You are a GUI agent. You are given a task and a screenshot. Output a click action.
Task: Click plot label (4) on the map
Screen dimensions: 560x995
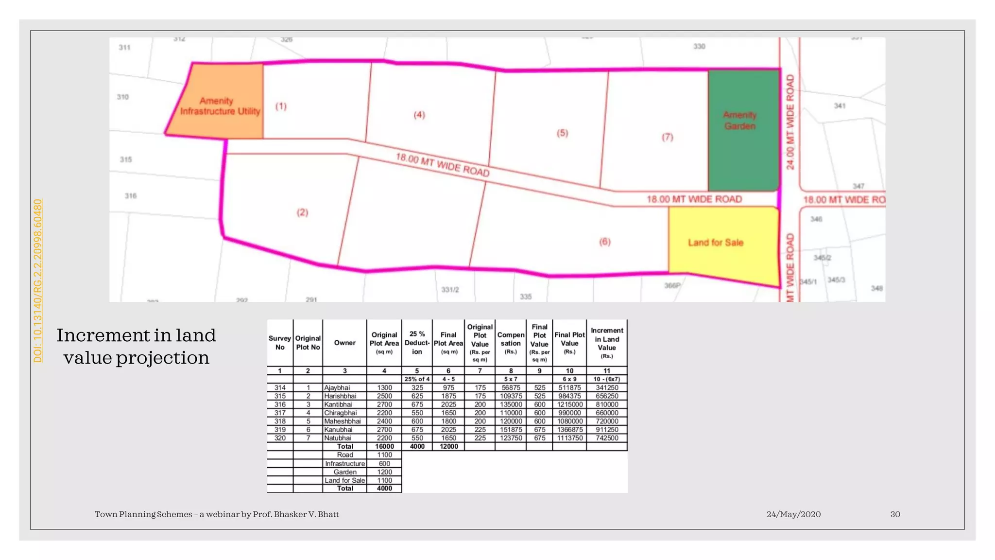(x=419, y=115)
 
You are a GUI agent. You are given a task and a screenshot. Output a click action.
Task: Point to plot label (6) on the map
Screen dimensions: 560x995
(x=604, y=242)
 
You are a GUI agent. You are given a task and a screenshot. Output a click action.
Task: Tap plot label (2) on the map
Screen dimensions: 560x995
(x=302, y=212)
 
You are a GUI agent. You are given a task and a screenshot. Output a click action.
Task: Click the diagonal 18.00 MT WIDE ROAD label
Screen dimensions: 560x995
(x=442, y=165)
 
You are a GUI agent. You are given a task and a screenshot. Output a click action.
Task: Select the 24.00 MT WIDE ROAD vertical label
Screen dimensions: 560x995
(x=790, y=122)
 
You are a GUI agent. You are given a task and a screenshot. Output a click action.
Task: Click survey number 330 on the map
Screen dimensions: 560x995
(x=699, y=46)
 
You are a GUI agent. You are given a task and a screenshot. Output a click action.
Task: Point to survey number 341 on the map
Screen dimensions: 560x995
(x=840, y=105)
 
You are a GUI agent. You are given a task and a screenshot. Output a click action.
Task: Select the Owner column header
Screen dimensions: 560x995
(x=344, y=343)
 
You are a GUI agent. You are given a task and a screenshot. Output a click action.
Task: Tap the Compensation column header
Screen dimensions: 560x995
(x=511, y=343)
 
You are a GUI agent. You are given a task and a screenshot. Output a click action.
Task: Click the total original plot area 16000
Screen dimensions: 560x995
(x=384, y=446)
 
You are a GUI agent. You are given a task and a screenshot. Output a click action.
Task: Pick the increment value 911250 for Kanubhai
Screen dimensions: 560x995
(x=607, y=430)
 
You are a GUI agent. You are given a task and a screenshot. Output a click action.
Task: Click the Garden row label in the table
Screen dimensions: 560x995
(x=345, y=472)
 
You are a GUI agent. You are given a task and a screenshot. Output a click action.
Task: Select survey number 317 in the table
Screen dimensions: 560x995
(x=280, y=413)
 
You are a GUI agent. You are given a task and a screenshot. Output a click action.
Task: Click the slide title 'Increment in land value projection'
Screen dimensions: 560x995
(x=136, y=346)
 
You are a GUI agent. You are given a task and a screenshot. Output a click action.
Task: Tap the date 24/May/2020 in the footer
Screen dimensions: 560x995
(x=793, y=514)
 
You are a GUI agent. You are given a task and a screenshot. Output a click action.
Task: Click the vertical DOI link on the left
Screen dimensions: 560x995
(x=38, y=280)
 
